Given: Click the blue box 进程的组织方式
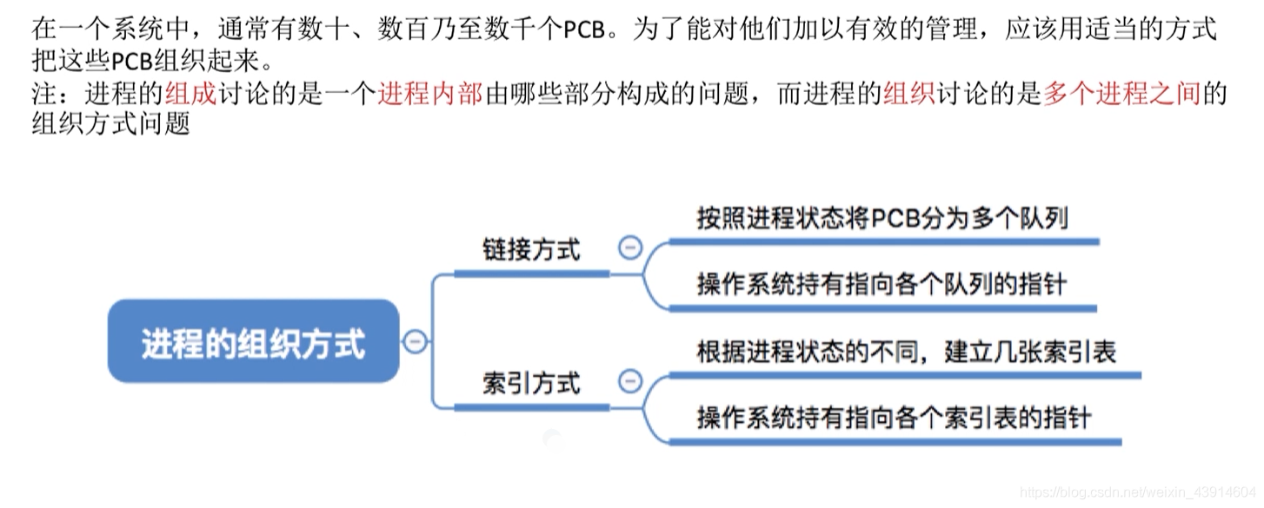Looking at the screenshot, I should click(x=253, y=343).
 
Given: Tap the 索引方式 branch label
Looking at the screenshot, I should click(x=531, y=382).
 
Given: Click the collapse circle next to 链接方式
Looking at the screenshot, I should click(x=629, y=248).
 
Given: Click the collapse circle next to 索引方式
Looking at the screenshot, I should click(x=629, y=382).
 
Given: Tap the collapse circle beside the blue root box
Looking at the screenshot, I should click(x=415, y=342).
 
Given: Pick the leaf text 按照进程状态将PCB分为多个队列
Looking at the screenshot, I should click(x=882, y=218).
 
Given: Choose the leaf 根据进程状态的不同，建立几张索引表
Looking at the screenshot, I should click(x=906, y=351).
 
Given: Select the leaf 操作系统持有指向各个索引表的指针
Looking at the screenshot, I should click(x=894, y=417).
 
